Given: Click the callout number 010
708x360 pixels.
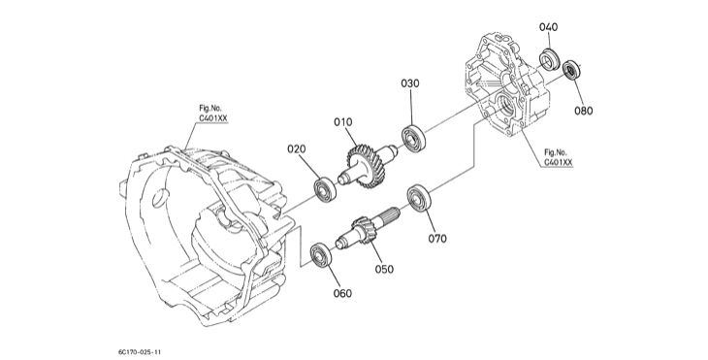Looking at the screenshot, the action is click(x=343, y=122).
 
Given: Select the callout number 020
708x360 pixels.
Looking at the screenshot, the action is click(x=296, y=148).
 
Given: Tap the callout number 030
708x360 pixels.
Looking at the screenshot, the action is click(x=410, y=83).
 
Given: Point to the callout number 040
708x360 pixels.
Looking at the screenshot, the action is click(x=548, y=27).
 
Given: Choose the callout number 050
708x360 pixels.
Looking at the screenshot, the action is click(x=384, y=269).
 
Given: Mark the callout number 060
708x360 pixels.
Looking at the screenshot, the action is click(x=342, y=294).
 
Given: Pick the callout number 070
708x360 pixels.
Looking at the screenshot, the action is click(x=437, y=239).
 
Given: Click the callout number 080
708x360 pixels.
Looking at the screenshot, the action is click(x=584, y=111).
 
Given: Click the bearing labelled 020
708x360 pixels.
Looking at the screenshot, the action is click(x=325, y=190).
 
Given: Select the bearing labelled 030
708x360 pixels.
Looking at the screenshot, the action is click(x=413, y=138).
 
